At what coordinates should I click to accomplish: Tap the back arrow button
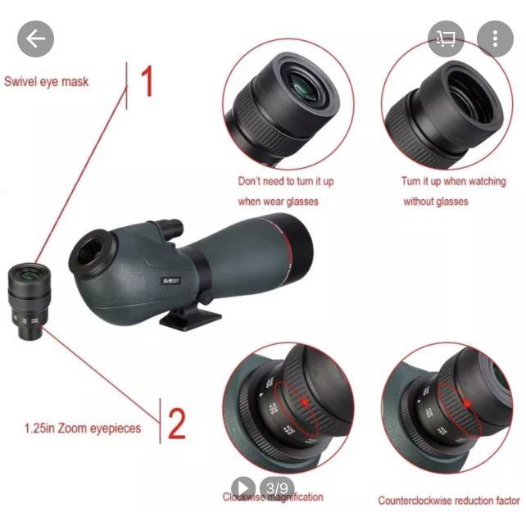[35, 39]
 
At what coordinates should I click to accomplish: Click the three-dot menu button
[494, 39]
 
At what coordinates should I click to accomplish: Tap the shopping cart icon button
[447, 39]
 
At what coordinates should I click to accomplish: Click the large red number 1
[147, 82]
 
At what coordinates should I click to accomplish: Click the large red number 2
[177, 424]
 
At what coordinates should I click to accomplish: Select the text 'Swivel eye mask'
[47, 82]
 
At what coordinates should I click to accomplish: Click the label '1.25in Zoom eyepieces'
[82, 428]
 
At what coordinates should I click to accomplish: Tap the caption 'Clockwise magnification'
[274, 497]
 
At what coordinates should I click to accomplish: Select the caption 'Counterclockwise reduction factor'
[448, 500]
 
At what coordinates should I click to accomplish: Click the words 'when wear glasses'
[278, 201]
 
